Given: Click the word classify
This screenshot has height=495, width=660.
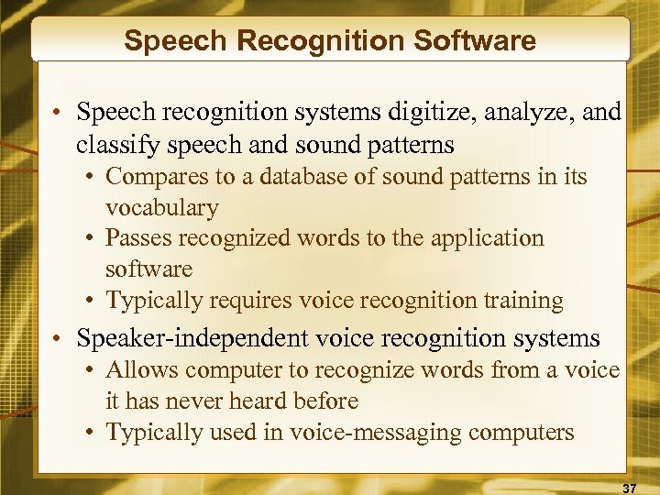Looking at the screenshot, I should tap(113, 144).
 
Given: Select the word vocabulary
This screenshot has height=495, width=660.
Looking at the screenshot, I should tap(162, 207).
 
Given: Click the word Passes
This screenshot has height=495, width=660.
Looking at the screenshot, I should tap(140, 238).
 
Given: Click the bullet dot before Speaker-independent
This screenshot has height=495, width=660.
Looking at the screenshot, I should tap(58, 339).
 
